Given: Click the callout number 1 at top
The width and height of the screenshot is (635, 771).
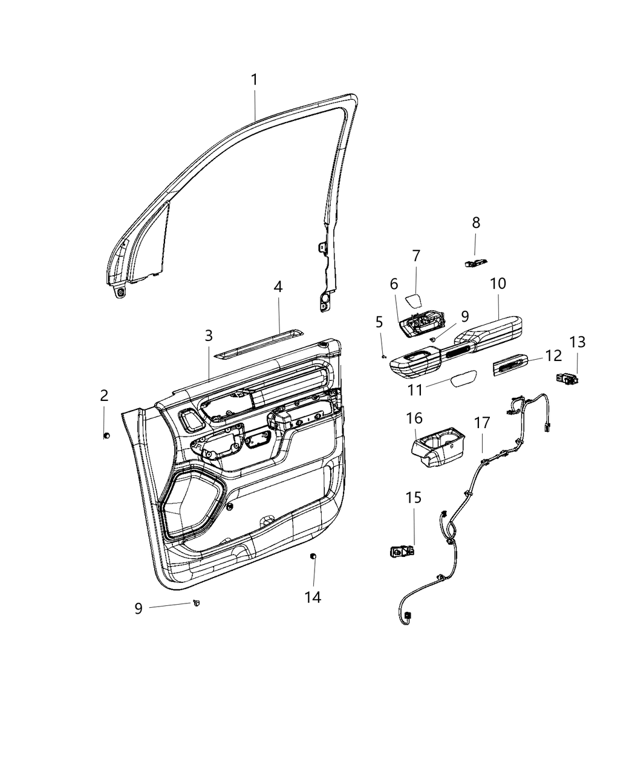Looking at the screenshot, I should point(255,80).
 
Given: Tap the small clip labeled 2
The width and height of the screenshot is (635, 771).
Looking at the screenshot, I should point(106,435).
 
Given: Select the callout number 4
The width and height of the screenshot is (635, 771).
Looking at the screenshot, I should point(278,287).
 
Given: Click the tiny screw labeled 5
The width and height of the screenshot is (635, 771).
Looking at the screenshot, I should point(383,356).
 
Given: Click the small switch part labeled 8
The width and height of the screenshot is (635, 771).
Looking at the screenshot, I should point(475,262).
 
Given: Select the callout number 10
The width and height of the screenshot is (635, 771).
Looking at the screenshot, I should point(498,283).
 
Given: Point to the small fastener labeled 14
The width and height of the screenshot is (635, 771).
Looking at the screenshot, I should point(313,556).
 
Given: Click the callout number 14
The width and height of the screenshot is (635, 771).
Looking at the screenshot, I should point(313,597).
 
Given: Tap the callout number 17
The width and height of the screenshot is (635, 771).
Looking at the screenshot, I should point(482,423).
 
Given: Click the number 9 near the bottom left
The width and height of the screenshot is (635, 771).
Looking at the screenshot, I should point(138,608).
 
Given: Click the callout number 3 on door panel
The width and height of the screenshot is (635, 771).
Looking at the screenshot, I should point(208,335).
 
